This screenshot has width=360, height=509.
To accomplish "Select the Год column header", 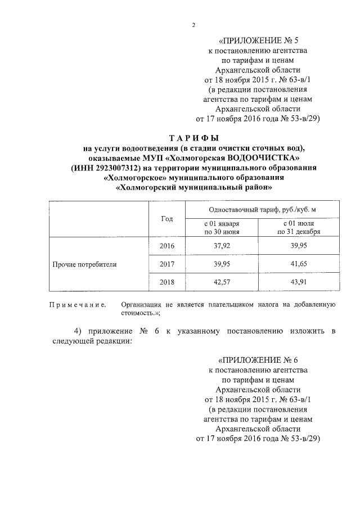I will (x=166, y=219).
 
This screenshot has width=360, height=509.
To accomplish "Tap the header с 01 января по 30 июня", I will (x=222, y=227).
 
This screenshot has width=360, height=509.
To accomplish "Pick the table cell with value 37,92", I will (x=222, y=246).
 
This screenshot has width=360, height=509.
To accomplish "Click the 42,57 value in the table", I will (x=222, y=282).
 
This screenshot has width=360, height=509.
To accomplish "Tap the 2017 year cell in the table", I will (x=166, y=264).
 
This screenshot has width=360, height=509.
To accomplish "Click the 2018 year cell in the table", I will (x=166, y=282).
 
